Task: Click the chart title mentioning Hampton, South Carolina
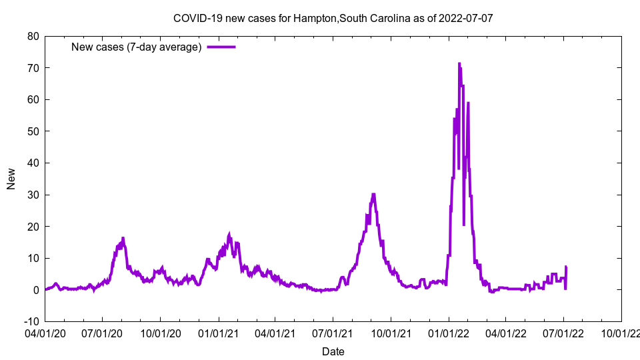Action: click(333, 18)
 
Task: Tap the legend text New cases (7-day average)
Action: click(136, 47)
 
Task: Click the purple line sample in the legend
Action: click(221, 47)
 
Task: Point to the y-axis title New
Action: click(11, 179)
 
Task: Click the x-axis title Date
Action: click(333, 351)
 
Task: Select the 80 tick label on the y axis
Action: click(33, 36)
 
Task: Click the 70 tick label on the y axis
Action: click(33, 68)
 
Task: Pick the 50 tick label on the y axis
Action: click(33, 131)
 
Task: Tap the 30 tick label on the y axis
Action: click(33, 195)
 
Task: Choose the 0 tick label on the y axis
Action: click(35, 290)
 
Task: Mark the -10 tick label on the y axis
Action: click(31, 321)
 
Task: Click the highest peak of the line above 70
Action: click(459, 64)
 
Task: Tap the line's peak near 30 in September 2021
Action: click(373, 194)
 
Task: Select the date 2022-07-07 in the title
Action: click(466, 18)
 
